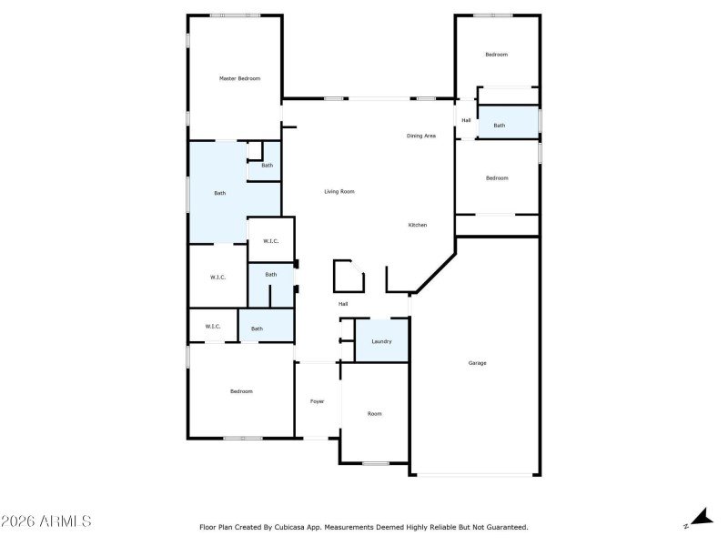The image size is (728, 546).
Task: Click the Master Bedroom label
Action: [239, 79]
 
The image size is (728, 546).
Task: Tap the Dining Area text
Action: [420, 136]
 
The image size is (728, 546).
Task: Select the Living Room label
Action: [339, 192]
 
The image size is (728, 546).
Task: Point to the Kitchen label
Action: [417, 225]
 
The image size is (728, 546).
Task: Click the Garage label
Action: [477, 363]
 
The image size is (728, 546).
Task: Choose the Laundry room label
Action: [381, 341]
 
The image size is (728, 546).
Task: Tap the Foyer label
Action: [317, 401]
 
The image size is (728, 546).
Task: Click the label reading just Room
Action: [374, 413]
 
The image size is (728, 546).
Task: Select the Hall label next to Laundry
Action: [343, 304]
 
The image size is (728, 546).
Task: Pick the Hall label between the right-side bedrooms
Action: [466, 120]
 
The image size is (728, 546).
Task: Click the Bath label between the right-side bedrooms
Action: [499, 126]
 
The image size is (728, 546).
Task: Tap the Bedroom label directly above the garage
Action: [496, 178]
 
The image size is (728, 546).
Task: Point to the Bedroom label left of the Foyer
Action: [240, 391]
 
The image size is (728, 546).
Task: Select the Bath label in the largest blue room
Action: [219, 193]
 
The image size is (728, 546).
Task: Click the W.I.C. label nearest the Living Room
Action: [270, 241]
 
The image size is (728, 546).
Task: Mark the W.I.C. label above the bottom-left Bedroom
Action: [212, 326]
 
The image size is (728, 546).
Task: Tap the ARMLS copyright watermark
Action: [45, 521]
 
